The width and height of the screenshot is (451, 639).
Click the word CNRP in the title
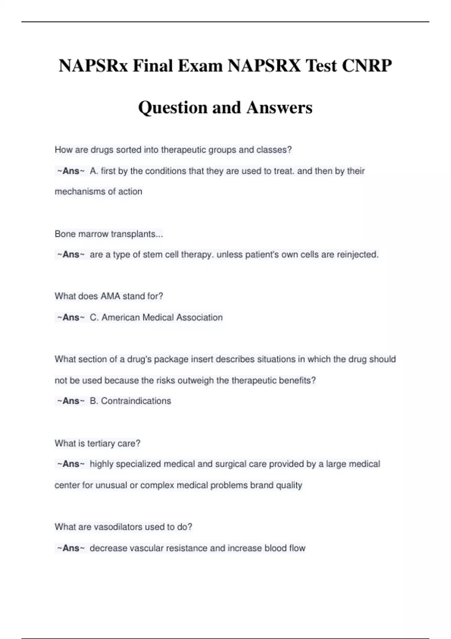367,66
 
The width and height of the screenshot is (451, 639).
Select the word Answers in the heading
279,108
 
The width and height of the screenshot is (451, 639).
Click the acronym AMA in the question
110,296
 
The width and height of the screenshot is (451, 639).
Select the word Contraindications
136,401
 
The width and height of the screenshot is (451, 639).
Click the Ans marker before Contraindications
71,401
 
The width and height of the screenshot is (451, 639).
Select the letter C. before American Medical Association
94,317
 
